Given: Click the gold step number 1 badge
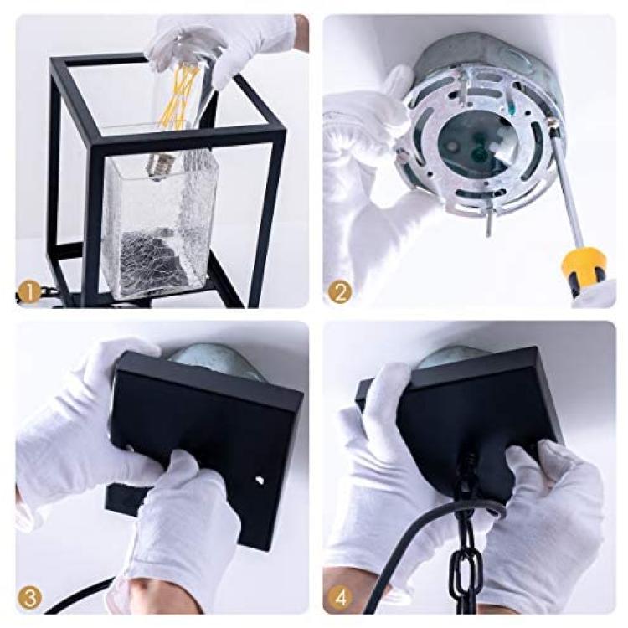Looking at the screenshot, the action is click(30, 293).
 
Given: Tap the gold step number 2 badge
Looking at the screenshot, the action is click(340, 293).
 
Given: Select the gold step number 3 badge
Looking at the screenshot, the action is click(30, 600).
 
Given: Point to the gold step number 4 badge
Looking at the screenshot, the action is click(340, 600).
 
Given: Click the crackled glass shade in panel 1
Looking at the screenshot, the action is click(158, 224).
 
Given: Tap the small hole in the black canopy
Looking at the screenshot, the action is click(260, 480).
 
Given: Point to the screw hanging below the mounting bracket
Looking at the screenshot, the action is click(489, 225).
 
